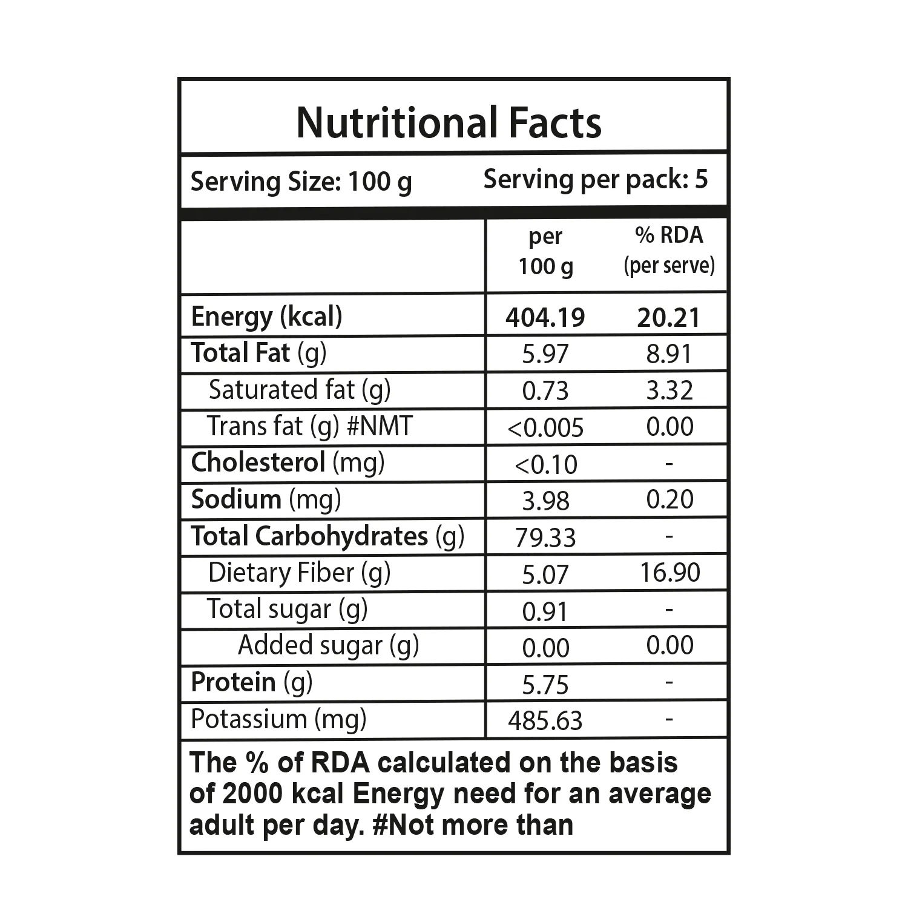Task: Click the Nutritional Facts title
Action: tap(449, 123)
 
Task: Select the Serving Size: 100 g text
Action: tap(301, 182)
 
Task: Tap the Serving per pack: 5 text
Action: tap(596, 180)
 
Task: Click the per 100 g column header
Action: tap(545, 251)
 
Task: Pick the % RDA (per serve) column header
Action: tap(669, 250)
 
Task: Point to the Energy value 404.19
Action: tap(545, 318)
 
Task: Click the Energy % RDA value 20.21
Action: tap(668, 318)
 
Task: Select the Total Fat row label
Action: tap(258, 354)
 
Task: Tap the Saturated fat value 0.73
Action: tap(545, 391)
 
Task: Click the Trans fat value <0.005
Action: tap(545, 428)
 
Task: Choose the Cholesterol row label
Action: tap(288, 463)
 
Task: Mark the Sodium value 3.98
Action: tap(545, 501)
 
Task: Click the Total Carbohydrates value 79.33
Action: tap(545, 538)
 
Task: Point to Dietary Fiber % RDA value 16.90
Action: tap(670, 573)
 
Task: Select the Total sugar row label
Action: tap(288, 610)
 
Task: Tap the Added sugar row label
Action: tap(328, 646)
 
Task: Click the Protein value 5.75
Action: tap(545, 685)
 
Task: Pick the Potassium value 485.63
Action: tap(545, 721)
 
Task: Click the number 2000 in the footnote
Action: tap(252, 794)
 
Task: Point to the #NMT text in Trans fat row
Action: tap(379, 426)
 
